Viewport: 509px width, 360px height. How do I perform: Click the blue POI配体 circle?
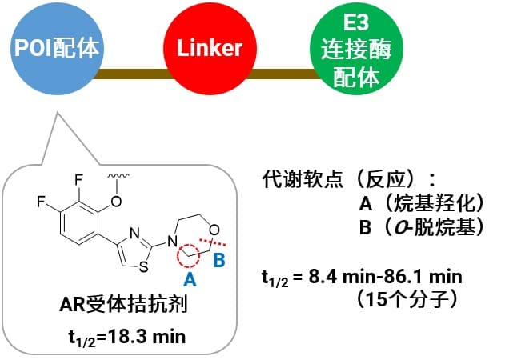click(57, 49)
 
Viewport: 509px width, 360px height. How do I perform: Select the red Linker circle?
click(210, 49)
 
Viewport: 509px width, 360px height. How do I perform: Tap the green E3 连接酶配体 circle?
click(356, 49)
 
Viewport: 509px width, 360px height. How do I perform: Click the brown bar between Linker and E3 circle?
click(283, 74)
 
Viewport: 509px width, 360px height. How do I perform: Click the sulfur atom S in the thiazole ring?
click(143, 267)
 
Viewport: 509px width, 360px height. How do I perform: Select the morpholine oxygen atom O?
click(214, 230)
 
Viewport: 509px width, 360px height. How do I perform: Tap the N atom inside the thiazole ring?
click(134, 233)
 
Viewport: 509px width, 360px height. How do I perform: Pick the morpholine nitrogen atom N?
click(172, 242)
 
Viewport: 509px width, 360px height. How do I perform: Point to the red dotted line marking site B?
click(213, 242)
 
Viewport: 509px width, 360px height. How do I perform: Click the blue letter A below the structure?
click(190, 279)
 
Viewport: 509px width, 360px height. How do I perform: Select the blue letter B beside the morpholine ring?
click(219, 260)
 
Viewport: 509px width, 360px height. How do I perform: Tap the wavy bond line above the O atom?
click(118, 176)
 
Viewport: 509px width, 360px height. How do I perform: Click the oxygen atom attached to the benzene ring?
click(116, 202)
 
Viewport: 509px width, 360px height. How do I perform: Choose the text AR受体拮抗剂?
click(124, 305)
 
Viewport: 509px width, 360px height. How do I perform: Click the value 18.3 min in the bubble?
click(146, 336)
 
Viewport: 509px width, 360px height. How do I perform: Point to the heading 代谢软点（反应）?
click(339, 179)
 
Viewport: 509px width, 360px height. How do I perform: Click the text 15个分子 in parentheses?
click(407, 298)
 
